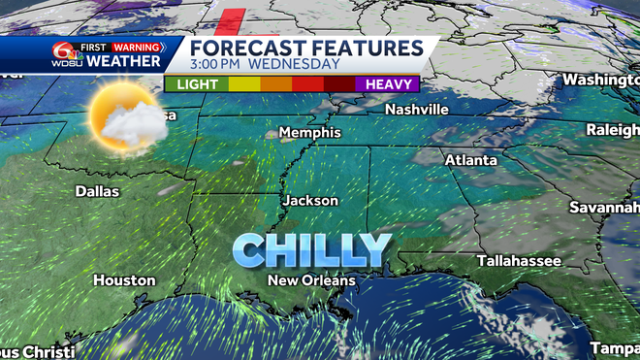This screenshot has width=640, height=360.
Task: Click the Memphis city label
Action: [x=310, y=132]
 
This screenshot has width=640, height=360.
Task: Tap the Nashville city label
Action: [x=416, y=110]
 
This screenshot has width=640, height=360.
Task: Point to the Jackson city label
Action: [x=310, y=201]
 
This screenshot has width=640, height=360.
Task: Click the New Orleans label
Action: [x=312, y=280]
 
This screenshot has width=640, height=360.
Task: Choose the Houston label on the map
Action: [x=124, y=280]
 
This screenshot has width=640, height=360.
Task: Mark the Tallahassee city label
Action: [x=519, y=261]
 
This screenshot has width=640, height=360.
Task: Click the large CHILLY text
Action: [x=312, y=249]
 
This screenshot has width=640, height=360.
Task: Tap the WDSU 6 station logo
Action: [x=66, y=54]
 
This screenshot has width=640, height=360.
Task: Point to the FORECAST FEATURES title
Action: [x=306, y=47]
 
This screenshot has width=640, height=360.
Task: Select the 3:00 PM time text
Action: [x=216, y=64]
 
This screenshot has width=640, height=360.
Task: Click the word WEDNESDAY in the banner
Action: [x=295, y=64]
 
